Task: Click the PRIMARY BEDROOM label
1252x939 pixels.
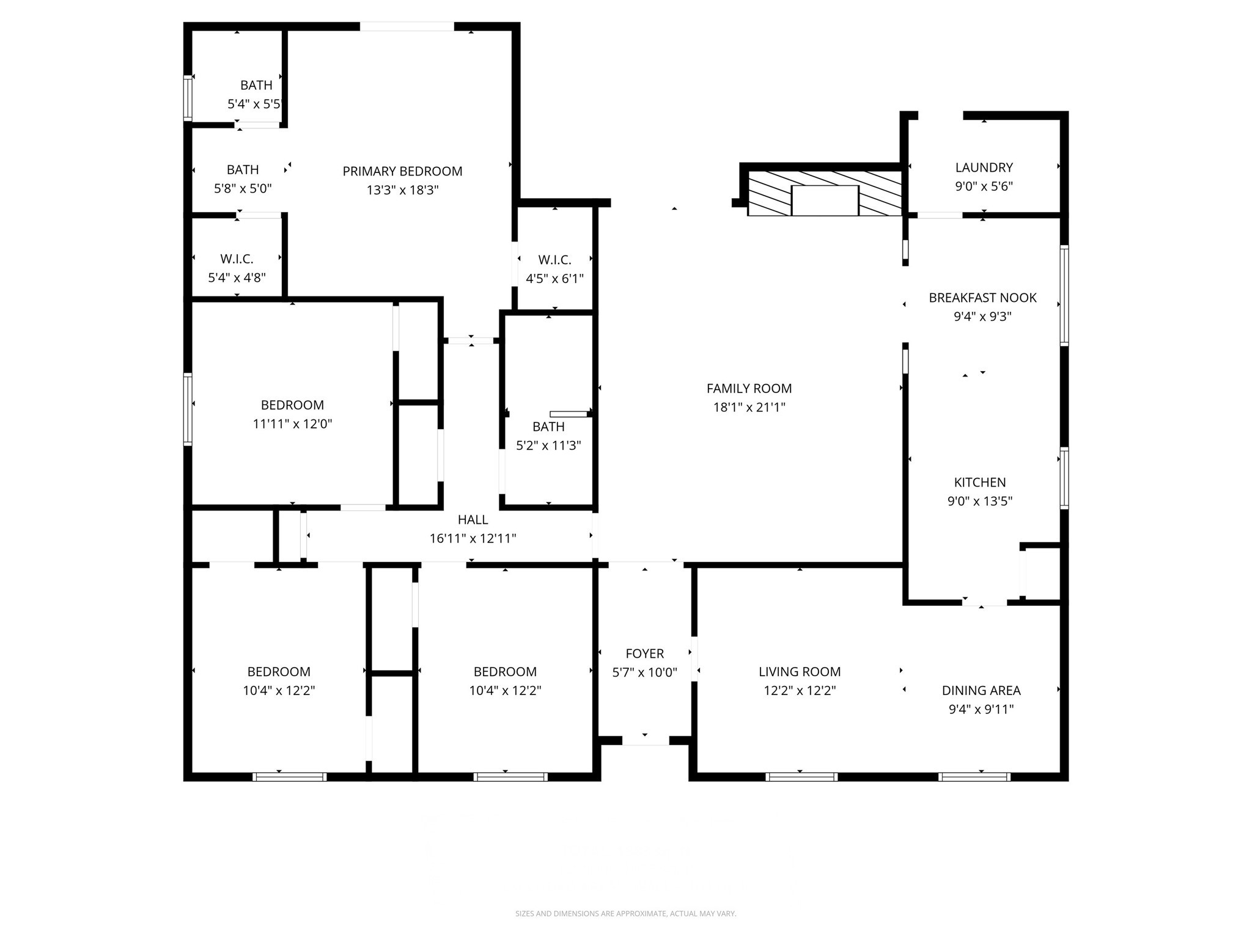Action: click(402, 171)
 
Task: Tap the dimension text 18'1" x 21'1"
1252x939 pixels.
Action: click(749, 407)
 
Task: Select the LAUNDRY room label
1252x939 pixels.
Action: click(984, 168)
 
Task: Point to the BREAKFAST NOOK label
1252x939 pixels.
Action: click(982, 298)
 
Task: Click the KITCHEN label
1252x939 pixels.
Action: click(979, 482)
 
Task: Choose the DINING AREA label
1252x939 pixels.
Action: click(981, 690)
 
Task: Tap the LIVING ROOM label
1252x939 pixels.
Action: click(799, 672)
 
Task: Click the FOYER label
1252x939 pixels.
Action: click(644, 654)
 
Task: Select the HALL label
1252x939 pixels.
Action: click(473, 520)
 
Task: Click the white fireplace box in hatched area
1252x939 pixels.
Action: click(825, 201)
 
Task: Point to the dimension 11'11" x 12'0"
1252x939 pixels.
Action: click(292, 424)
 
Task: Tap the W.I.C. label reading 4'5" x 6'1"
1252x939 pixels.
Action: click(554, 260)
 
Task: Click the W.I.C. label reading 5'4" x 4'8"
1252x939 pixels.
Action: click(237, 259)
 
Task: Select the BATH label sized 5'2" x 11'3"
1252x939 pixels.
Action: click(548, 427)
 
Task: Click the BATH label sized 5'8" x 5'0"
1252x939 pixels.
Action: click(243, 170)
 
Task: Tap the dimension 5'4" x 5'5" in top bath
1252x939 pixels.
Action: click(254, 104)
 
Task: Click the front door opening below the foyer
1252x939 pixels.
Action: click(646, 740)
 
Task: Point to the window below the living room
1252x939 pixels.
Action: click(801, 777)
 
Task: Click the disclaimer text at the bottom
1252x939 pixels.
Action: click(625, 913)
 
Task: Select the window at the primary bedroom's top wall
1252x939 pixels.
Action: click(407, 26)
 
